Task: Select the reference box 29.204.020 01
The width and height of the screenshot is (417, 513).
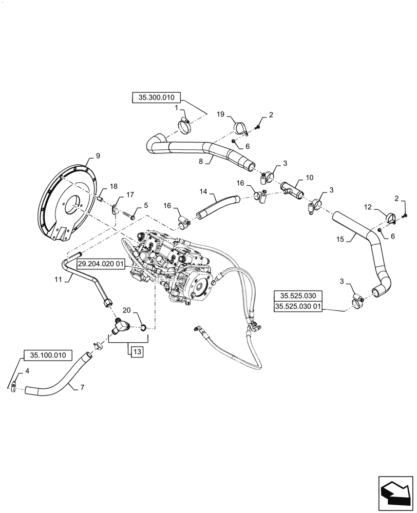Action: coord(101,264)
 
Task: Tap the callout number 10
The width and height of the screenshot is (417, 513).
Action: coord(309,177)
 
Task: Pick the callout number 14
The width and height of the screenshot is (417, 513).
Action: coord(203,191)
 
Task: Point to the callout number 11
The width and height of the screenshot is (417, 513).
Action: coord(58,280)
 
